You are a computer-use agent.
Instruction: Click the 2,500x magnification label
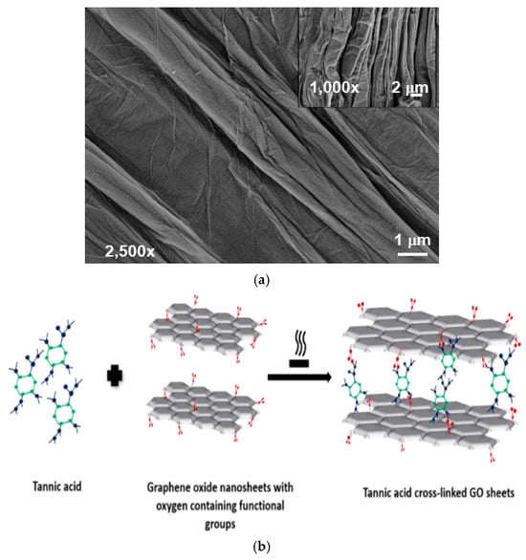pyautogui.click(x=130, y=251)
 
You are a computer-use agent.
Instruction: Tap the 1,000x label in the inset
pyautogui.click(x=334, y=88)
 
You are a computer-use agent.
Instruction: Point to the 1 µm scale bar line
pyautogui.click(x=413, y=254)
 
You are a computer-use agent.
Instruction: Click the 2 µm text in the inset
pyautogui.click(x=409, y=88)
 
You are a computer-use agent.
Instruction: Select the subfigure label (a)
pyautogui.click(x=261, y=280)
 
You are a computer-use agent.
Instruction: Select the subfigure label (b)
pyautogui.click(x=262, y=547)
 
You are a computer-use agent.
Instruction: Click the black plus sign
pyautogui.click(x=115, y=376)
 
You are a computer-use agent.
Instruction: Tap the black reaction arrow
pyautogui.click(x=299, y=377)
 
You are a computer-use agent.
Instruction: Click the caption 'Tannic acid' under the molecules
pyautogui.click(x=57, y=486)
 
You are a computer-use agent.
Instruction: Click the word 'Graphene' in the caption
pyautogui.click(x=166, y=488)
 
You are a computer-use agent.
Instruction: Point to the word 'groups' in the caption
pyautogui.click(x=220, y=525)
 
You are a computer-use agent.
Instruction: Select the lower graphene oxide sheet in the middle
pyautogui.click(x=203, y=406)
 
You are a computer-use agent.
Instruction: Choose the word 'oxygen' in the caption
pyautogui.click(x=172, y=506)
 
